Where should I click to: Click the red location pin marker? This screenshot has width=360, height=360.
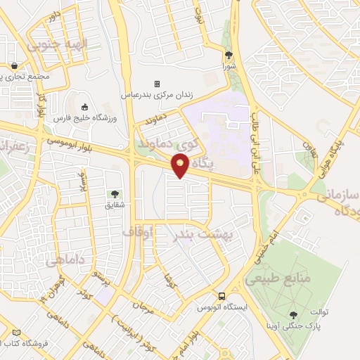180,166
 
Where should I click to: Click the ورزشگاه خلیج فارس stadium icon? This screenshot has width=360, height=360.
85,108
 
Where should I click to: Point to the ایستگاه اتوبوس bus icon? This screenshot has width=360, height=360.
221,296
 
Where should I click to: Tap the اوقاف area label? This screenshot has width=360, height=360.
138,231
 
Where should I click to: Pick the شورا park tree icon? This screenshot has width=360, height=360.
229,56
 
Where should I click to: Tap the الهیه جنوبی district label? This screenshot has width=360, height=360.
57,44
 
